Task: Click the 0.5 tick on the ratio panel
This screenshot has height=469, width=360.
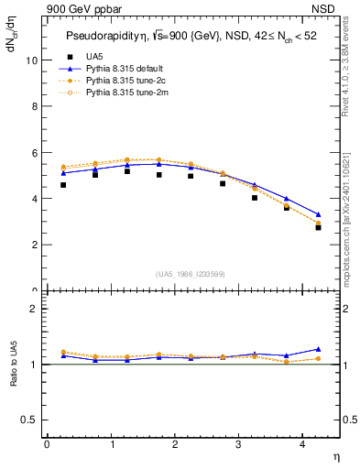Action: (x=29, y=420)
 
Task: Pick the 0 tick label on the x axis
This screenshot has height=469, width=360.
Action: (x=47, y=443)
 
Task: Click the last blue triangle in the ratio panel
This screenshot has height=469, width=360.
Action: (x=318, y=349)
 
